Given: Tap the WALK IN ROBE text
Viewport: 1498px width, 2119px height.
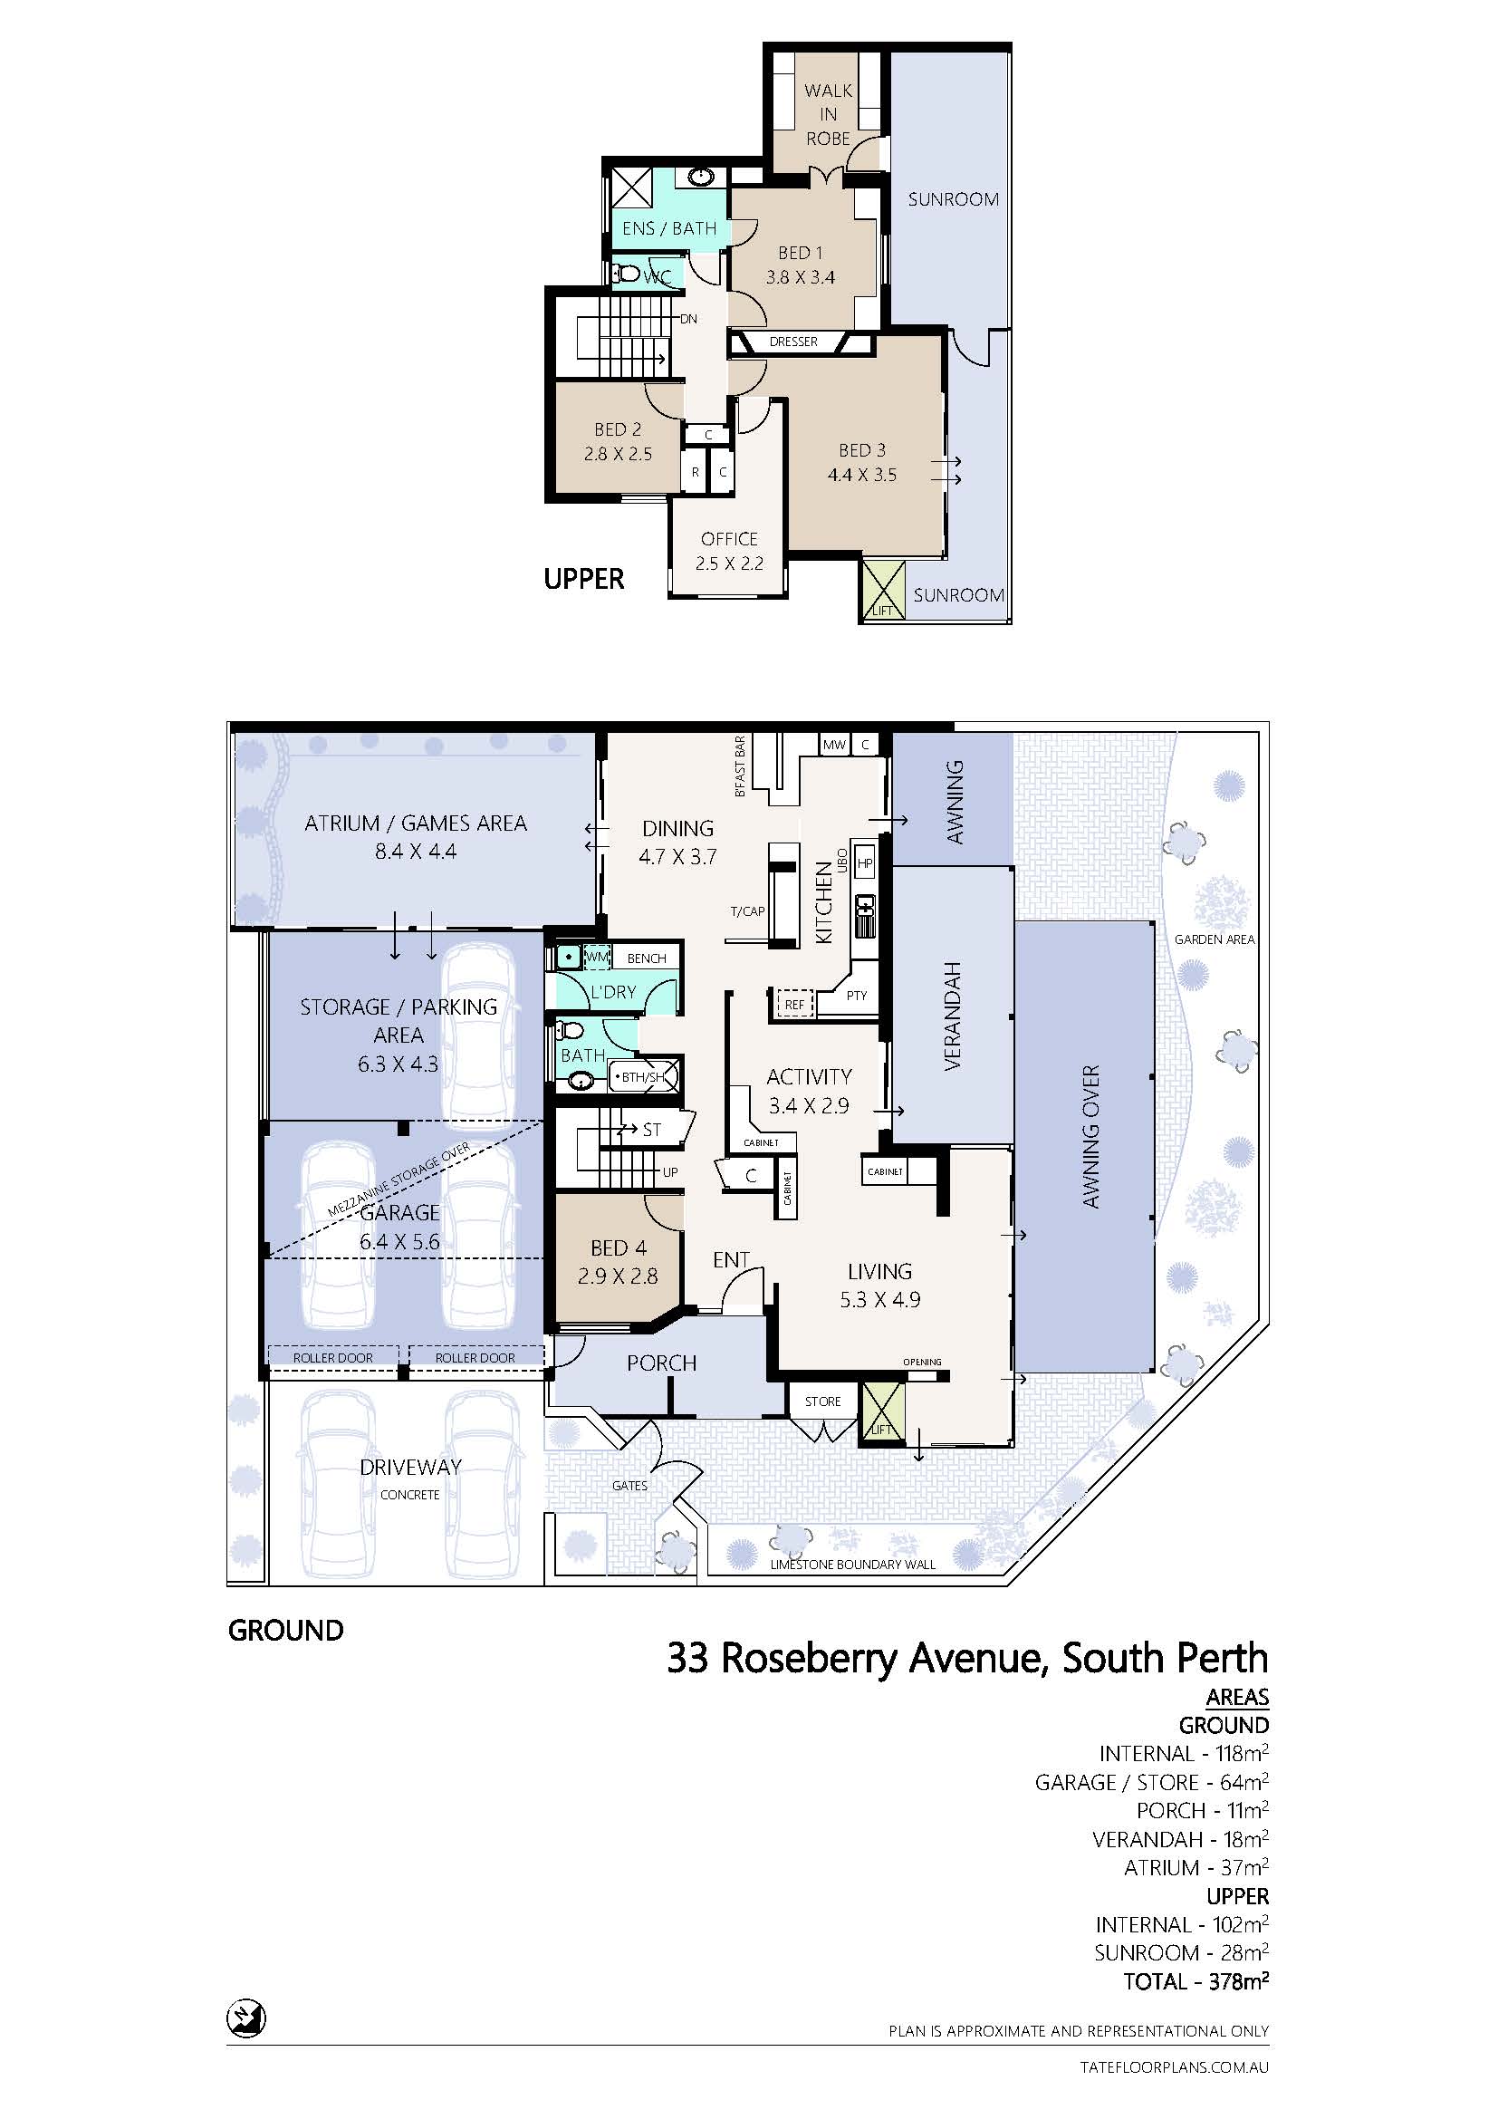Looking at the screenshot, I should tap(828, 114).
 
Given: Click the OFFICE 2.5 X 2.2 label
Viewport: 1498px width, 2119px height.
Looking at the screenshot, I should tap(729, 551).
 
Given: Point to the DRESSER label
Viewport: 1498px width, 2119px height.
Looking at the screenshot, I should tap(793, 342).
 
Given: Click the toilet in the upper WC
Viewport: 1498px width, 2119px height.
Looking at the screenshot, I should tap(628, 274).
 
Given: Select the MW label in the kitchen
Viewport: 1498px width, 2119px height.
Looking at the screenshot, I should tap(834, 745).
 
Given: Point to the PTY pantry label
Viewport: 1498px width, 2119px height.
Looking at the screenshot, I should tap(856, 996).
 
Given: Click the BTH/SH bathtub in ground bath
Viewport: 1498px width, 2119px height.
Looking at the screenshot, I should tap(644, 1077).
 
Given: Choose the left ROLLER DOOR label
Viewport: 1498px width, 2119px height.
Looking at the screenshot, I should tap(333, 1358).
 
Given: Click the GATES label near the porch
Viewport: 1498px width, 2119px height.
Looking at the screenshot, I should tap(629, 1485).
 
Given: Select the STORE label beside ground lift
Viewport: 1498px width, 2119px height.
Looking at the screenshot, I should tap(821, 1401).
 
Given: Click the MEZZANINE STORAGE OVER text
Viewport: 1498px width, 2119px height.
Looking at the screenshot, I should tap(399, 1180).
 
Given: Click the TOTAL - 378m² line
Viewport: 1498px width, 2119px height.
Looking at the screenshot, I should tap(1196, 1981).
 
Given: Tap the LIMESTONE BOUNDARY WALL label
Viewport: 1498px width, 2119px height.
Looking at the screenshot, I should tap(852, 1565).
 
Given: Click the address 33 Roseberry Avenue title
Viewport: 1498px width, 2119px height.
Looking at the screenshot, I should tap(966, 1659).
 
